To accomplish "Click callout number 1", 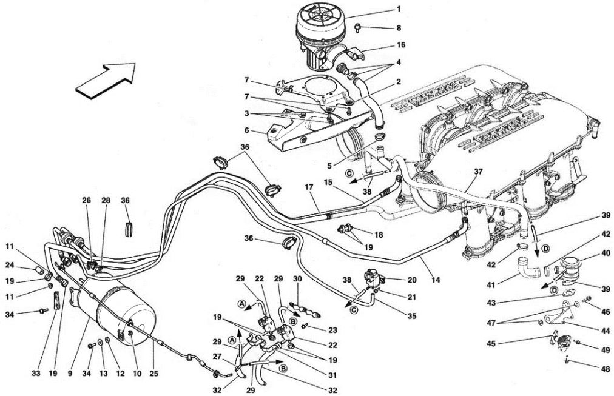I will pos(399,9).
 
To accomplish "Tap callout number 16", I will pos(401,45).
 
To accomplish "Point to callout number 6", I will pos(247,130).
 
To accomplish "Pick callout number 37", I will pos(479,172).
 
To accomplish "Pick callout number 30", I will pos(297,279).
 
